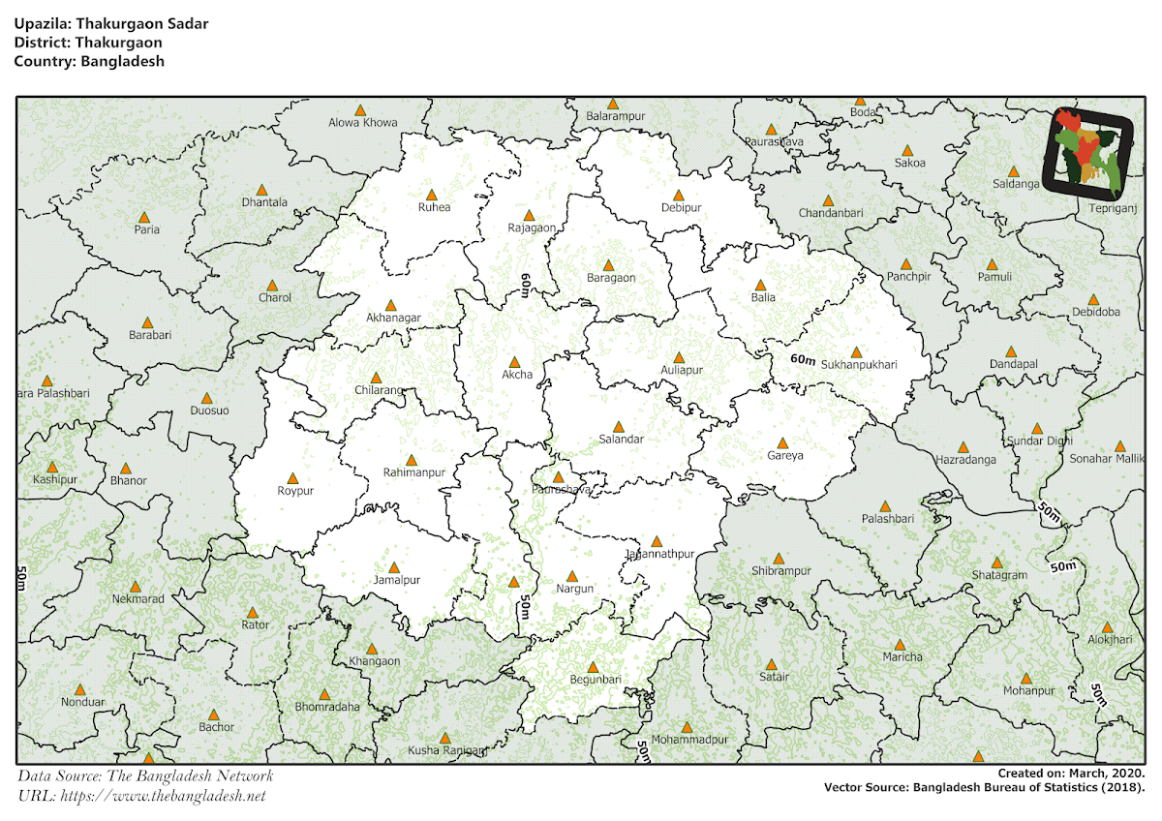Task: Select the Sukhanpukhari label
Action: (859, 365)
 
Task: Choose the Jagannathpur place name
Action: (660, 554)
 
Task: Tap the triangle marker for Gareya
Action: (783, 443)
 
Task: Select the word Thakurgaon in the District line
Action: (121, 43)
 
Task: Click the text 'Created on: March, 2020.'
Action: (1072, 773)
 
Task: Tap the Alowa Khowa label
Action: (363, 122)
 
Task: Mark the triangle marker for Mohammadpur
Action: (688, 727)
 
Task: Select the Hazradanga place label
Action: (965, 460)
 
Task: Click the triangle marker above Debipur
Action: (679, 196)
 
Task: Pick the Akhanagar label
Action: (393, 317)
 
